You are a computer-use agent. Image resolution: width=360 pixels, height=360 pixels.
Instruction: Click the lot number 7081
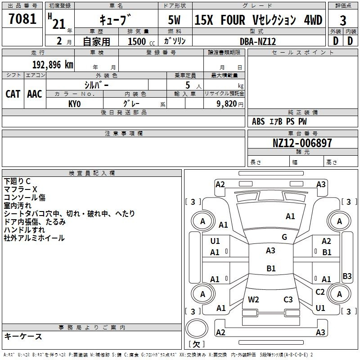[x=22, y=18]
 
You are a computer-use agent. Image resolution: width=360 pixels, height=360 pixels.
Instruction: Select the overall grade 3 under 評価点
[x=343, y=21]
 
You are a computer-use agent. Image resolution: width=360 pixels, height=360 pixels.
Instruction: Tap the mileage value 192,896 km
[x=53, y=65]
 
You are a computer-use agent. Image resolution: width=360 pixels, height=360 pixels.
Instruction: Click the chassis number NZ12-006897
[x=302, y=143]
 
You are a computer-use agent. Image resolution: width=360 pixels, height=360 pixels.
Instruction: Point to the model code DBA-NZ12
[x=257, y=41]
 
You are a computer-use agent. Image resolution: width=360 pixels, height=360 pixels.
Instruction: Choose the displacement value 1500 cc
[x=141, y=41]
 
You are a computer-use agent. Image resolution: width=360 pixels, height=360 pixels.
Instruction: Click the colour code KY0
[x=74, y=104]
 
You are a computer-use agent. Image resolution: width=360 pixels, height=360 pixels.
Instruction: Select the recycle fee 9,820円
[x=230, y=104]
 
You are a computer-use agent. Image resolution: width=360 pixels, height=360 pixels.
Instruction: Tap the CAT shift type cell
[x=13, y=94]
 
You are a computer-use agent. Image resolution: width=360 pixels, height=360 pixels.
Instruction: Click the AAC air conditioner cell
[x=35, y=94]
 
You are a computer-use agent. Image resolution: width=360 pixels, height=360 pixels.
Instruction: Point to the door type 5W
[x=174, y=20]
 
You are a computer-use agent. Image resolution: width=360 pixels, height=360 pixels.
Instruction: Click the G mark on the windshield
[x=284, y=237]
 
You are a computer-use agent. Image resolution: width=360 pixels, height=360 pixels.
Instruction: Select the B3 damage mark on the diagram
[x=347, y=276]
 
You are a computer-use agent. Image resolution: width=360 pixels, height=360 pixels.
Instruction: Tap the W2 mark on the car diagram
[x=253, y=300]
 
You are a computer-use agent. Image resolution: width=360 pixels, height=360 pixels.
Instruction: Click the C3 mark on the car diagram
[x=288, y=300]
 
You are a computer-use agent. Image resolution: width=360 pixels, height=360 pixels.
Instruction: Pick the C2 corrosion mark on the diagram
[x=320, y=292]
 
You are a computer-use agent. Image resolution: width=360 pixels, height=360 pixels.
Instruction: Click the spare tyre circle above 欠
[x=197, y=328]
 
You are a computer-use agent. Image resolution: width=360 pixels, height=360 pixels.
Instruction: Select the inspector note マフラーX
[x=20, y=189]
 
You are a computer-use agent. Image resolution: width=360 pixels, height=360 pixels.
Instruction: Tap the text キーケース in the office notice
[x=23, y=336]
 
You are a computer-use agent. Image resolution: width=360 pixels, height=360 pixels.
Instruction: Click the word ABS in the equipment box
[x=258, y=121]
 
